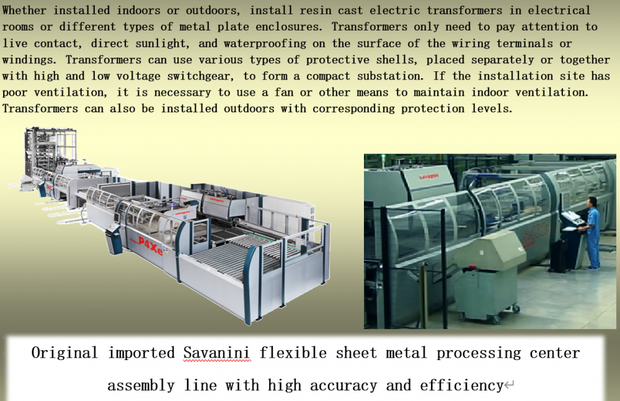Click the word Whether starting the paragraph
coord(25,11)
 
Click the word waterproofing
coord(265,43)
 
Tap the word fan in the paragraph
coord(284,92)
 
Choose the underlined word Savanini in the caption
coord(216,353)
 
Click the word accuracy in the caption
coord(343,385)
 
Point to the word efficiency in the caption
coord(461,385)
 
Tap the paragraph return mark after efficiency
coord(509,385)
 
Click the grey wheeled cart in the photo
coord(488,277)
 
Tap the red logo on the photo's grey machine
coord(428,176)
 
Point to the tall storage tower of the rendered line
coord(50,150)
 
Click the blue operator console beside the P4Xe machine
coord(113,239)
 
